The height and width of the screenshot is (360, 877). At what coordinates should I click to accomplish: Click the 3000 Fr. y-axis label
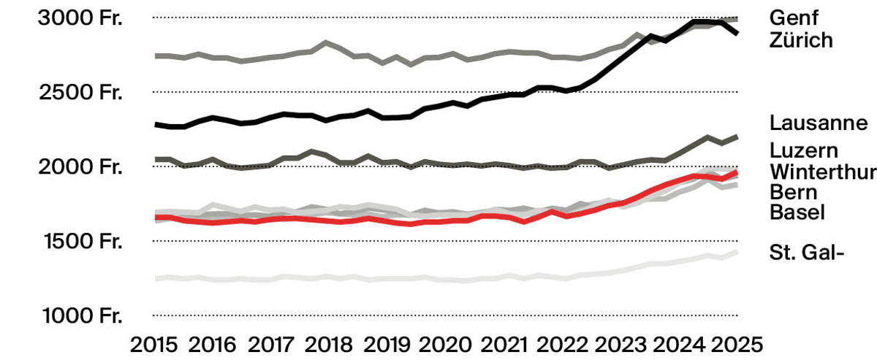[x=80, y=18]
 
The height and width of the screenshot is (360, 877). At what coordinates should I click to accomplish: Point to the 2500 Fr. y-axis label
[x=80, y=92]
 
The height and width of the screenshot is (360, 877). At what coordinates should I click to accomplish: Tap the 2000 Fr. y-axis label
[x=80, y=166]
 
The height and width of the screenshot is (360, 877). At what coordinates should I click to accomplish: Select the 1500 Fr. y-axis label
[x=83, y=241]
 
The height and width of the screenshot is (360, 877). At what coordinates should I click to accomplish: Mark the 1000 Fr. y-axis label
[x=83, y=315]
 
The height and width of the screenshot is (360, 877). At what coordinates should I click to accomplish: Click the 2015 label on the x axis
[x=153, y=345]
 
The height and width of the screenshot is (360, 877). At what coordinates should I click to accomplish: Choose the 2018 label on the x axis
[x=328, y=345]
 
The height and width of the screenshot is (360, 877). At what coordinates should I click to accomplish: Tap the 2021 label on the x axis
[x=504, y=345]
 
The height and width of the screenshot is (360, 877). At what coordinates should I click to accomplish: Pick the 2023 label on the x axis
[x=620, y=345]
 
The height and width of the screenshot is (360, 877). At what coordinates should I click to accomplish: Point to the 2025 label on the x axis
[x=737, y=345]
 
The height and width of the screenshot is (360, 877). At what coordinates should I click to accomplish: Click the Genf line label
[x=794, y=18]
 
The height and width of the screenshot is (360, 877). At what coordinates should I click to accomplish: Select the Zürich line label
[x=801, y=40]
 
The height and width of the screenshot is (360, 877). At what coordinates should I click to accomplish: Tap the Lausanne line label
[x=819, y=123]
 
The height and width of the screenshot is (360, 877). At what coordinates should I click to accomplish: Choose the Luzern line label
[x=804, y=150]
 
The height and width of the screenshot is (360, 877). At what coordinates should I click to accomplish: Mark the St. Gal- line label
[x=807, y=253]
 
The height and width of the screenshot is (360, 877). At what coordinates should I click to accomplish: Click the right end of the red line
[x=737, y=172]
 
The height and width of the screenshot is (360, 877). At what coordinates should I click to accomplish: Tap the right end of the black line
[x=737, y=34]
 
